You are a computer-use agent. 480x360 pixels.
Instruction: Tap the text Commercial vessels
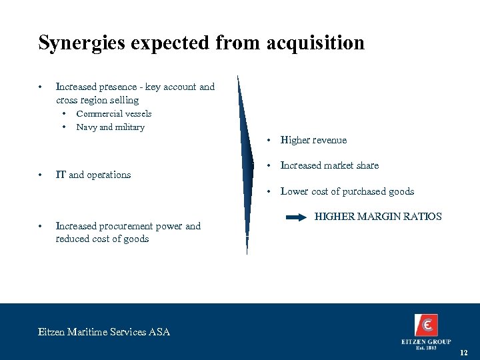pyautogui.click(x=114, y=114)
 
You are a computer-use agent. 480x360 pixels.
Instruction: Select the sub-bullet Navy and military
pyautogui.click(x=110, y=127)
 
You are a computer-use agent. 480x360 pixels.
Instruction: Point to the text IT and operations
pyautogui.click(x=93, y=175)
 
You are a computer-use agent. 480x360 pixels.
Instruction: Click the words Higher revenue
pyautogui.click(x=313, y=140)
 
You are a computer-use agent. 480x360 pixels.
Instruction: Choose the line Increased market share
pyautogui.click(x=329, y=165)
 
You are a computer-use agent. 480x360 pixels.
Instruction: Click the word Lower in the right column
pyautogui.click(x=294, y=191)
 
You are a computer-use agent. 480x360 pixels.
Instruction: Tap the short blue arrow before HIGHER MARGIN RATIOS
pyautogui.click(x=295, y=217)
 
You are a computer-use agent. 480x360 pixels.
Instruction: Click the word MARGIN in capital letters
pyautogui.click(x=378, y=217)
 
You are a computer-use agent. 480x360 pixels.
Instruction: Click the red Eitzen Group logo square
pyautogui.click(x=426, y=325)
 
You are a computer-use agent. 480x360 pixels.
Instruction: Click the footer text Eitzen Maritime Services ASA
pyautogui.click(x=104, y=331)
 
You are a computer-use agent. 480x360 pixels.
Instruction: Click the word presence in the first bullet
pyautogui.click(x=124, y=87)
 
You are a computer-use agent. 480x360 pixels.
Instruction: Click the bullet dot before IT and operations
pyautogui.click(x=41, y=175)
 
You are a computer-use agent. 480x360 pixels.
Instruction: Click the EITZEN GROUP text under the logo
pyautogui.click(x=426, y=342)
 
